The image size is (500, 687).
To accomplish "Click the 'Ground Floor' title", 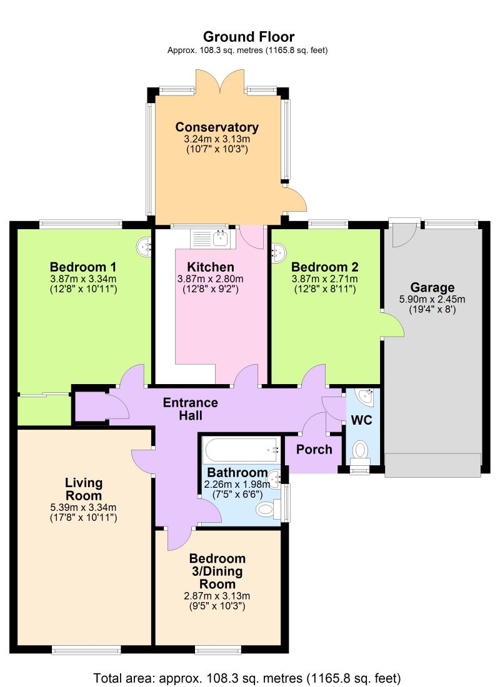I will pos(249,37).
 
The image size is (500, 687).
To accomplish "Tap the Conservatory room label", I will pos(217,127).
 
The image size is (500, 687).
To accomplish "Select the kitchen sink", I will pos(212,237).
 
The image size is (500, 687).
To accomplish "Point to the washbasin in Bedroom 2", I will pos(278,252).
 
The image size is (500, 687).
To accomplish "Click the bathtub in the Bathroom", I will pos(240,450).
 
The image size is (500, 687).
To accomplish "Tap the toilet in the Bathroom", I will pos(267,510).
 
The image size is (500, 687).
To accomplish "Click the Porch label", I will pos(314,450).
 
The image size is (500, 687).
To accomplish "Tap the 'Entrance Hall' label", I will pos(191,408).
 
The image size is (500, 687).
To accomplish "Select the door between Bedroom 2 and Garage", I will pos(391,325).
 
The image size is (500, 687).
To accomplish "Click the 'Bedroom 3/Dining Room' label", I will pos(217,571).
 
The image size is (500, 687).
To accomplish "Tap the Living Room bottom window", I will pos(86,650).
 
